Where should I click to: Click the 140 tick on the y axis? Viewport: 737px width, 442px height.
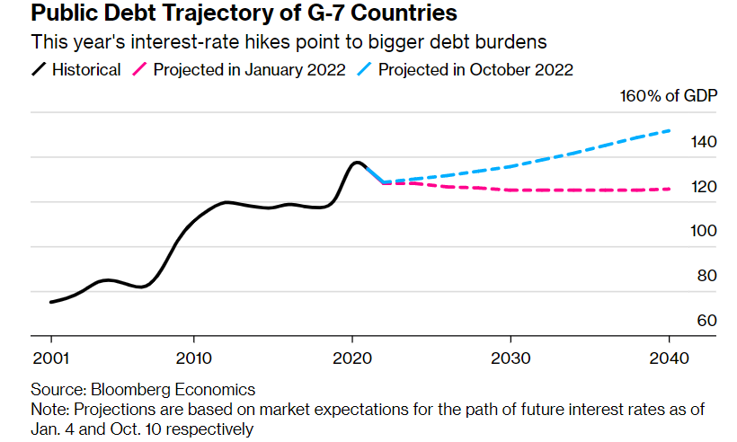(x=704, y=142)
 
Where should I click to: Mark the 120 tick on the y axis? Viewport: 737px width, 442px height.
(x=704, y=187)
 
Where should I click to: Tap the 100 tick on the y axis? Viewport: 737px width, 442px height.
(x=704, y=231)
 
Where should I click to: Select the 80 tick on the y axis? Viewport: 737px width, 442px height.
(x=707, y=276)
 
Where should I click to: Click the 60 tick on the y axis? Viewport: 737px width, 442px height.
(x=707, y=321)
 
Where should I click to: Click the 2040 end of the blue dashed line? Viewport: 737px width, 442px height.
(x=670, y=131)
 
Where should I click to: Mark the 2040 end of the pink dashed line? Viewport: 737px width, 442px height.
(x=670, y=189)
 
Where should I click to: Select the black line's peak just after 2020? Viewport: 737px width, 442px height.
(x=357, y=163)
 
